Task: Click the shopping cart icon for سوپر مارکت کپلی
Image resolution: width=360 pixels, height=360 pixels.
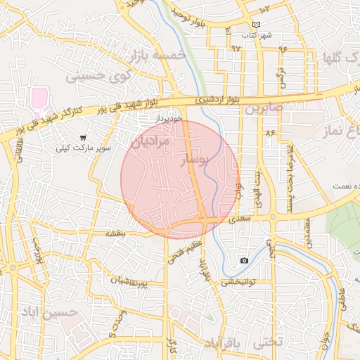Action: click(x=84, y=138)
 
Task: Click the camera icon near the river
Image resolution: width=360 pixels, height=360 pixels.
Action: click(x=243, y=261)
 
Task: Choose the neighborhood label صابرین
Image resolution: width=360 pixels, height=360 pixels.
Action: click(x=263, y=109)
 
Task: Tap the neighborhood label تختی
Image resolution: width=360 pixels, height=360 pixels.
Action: click(x=268, y=341)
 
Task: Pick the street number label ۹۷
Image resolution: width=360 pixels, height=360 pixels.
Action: click(x=235, y=49)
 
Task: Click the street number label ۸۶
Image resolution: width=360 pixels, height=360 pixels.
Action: click(x=270, y=131)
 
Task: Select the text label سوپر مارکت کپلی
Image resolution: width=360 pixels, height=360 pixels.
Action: click(x=84, y=149)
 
